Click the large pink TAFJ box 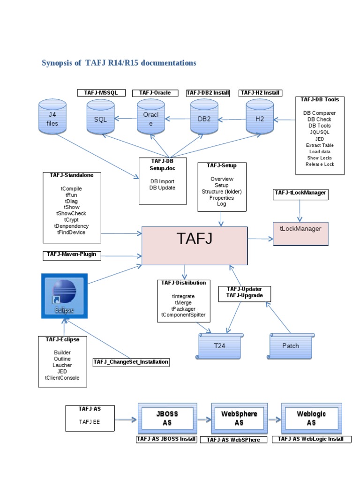pyautogui.click(x=195, y=245)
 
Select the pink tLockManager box pyautogui.click(x=300, y=232)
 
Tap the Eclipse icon pyautogui.click(x=64, y=295)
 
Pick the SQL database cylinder pyautogui.click(x=100, y=119)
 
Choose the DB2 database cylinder pyautogui.click(x=204, y=119)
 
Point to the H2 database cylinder pyautogui.click(x=260, y=119)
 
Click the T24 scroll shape pyautogui.click(x=220, y=346)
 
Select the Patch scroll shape pyautogui.click(x=291, y=346)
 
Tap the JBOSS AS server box pyautogui.click(x=167, y=418)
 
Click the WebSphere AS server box pyautogui.click(x=239, y=418)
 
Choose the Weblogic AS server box pyautogui.click(x=311, y=418)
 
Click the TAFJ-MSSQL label pyautogui.click(x=101, y=93)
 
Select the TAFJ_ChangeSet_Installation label pyautogui.click(x=131, y=362)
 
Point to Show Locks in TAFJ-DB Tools pyautogui.click(x=320, y=158)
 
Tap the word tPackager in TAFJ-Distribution pyautogui.click(x=183, y=309)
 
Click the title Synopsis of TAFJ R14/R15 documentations pyautogui.click(x=119, y=63)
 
